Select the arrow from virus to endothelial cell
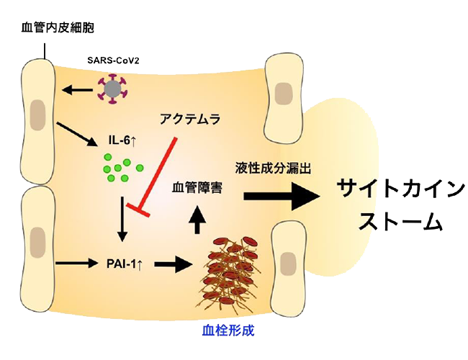(77, 90)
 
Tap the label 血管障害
(196, 188)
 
